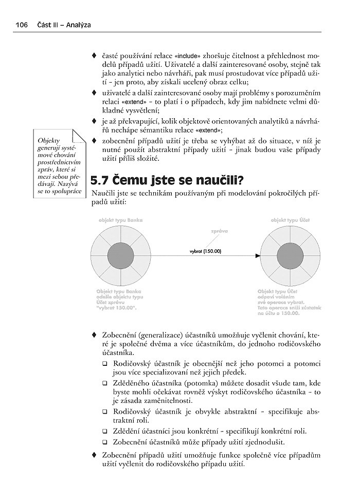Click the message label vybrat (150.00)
(205, 251)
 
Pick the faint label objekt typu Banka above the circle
(120, 220)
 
